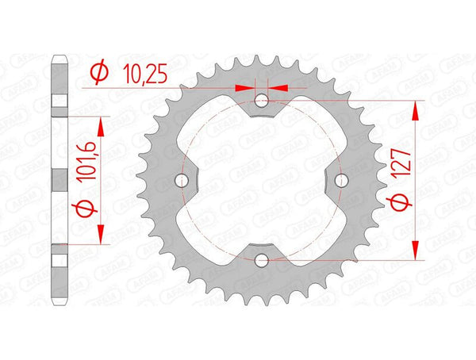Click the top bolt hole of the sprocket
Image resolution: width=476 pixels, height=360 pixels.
tap(263, 101)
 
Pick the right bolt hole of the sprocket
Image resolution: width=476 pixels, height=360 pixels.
tap(342, 181)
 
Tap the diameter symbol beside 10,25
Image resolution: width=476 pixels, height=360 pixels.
tap(99, 74)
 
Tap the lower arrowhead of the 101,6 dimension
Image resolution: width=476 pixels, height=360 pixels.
tap(99, 236)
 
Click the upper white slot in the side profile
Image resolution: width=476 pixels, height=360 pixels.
tap(58, 101)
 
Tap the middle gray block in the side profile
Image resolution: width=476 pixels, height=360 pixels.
tap(58, 180)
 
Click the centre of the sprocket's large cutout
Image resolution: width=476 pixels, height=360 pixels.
tap(263, 181)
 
